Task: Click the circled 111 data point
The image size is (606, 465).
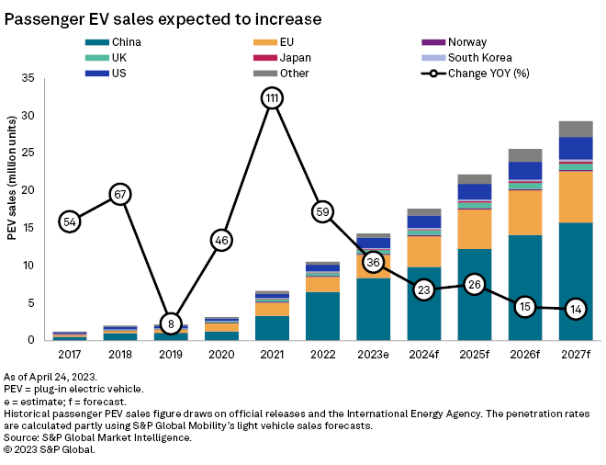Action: click(x=271, y=98)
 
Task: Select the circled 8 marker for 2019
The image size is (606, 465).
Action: click(x=171, y=323)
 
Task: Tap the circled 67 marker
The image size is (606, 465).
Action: click(x=120, y=194)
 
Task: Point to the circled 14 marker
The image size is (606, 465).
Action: click(x=575, y=308)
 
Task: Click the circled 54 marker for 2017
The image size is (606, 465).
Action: click(x=70, y=221)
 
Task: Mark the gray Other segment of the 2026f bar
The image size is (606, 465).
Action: click(x=524, y=155)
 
